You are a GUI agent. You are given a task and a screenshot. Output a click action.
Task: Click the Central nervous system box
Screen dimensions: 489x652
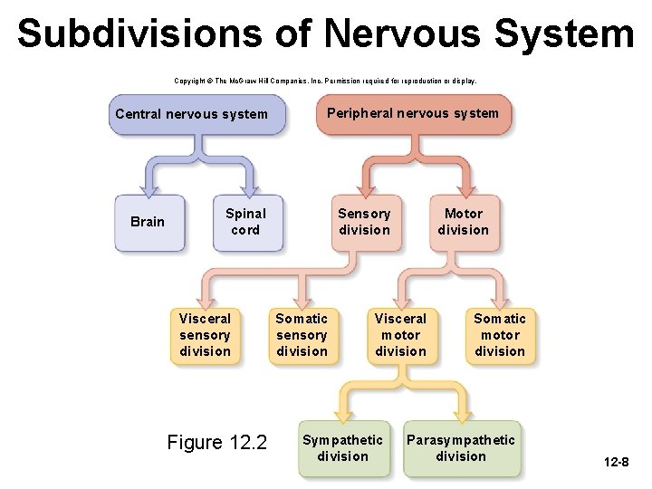click(192, 114)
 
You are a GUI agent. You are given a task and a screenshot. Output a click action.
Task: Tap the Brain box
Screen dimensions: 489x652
click(148, 222)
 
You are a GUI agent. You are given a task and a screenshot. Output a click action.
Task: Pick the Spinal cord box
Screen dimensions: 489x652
click(245, 222)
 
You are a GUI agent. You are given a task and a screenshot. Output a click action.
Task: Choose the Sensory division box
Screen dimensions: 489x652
click(364, 222)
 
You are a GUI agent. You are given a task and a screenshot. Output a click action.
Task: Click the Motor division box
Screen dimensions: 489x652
click(463, 222)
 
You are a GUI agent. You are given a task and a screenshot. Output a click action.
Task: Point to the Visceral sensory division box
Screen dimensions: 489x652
click(206, 335)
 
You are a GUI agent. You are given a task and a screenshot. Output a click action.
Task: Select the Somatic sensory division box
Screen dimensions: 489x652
click(302, 335)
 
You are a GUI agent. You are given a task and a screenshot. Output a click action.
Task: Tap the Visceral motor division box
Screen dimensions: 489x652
click(400, 335)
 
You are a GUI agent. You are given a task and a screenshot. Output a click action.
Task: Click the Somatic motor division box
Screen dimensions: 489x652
click(500, 335)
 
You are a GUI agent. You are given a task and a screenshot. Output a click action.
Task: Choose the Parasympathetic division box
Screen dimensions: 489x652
click(461, 448)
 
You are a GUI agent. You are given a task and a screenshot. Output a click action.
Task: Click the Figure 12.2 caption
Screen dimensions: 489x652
click(217, 442)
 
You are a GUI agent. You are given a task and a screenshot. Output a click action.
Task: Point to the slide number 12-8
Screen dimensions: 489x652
click(617, 463)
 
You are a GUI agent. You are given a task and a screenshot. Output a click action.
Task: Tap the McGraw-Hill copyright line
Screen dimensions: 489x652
click(325, 81)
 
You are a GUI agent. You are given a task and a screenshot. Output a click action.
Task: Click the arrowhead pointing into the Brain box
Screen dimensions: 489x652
click(148, 189)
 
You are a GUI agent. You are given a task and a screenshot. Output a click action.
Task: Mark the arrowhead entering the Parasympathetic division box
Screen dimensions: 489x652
click(462, 416)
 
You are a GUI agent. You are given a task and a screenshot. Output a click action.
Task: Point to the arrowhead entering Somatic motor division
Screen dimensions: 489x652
click(500, 303)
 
